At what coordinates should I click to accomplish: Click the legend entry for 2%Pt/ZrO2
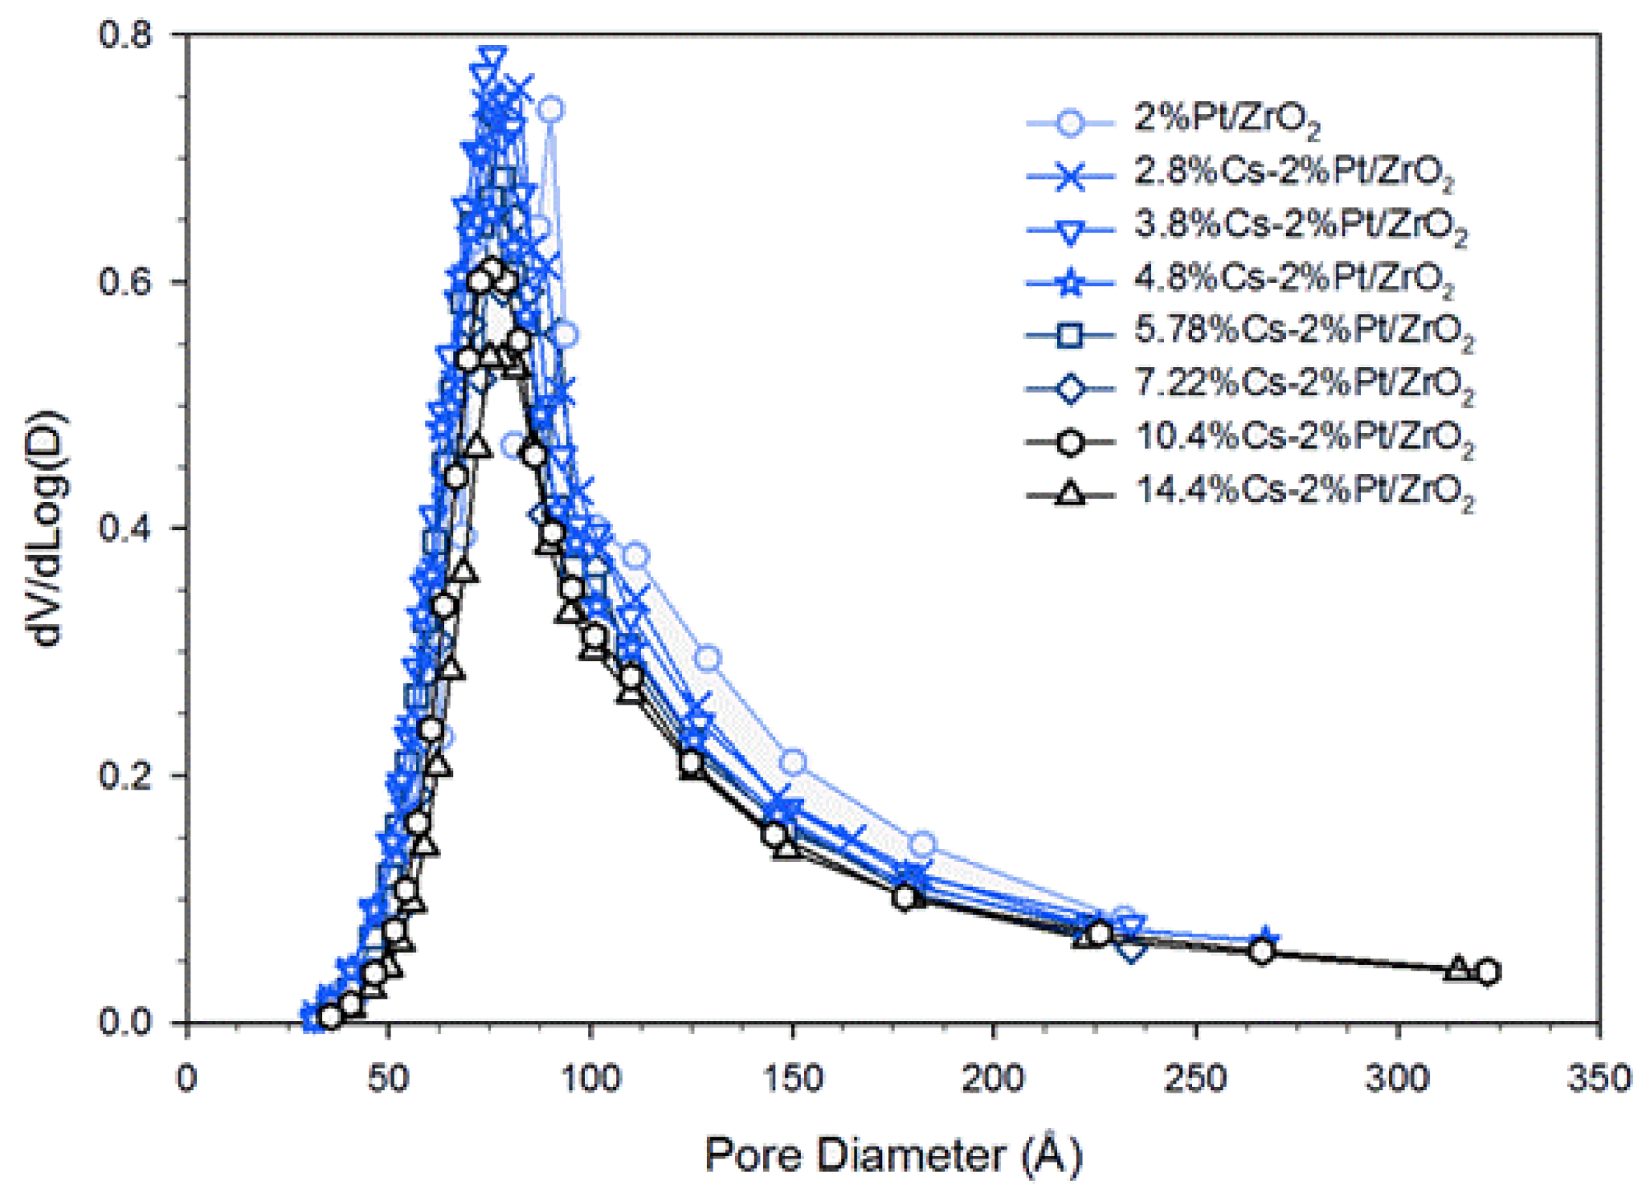[1226, 119]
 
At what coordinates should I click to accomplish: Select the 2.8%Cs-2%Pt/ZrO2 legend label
[1293, 172]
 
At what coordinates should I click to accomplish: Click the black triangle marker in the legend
[1069, 492]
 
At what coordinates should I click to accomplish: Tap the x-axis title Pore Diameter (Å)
[893, 1155]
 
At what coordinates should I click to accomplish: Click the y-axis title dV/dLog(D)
[48, 528]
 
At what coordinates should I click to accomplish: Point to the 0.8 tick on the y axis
[125, 35]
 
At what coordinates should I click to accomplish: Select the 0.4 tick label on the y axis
[125, 529]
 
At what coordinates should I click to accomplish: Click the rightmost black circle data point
[1487, 972]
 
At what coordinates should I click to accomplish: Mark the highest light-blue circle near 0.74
[550, 109]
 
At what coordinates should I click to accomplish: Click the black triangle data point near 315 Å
[1458, 968]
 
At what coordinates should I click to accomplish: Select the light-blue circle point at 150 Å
[793, 762]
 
